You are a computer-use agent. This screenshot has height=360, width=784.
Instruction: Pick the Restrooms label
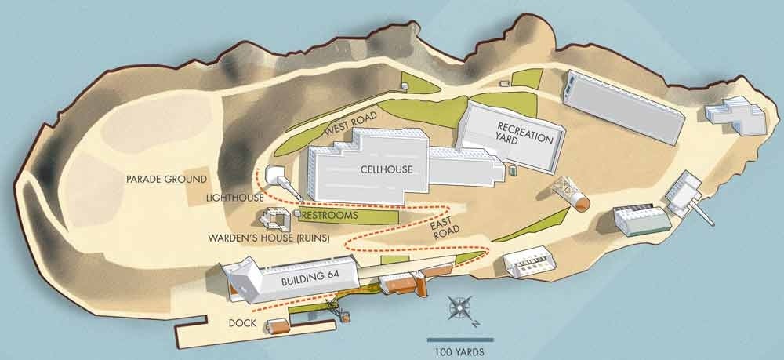click(330, 214)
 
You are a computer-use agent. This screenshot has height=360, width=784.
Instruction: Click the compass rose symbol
click(460, 307)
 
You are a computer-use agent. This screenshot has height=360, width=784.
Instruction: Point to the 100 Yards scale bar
click(459, 340)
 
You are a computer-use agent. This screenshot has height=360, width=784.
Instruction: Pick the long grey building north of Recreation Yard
click(625, 107)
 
